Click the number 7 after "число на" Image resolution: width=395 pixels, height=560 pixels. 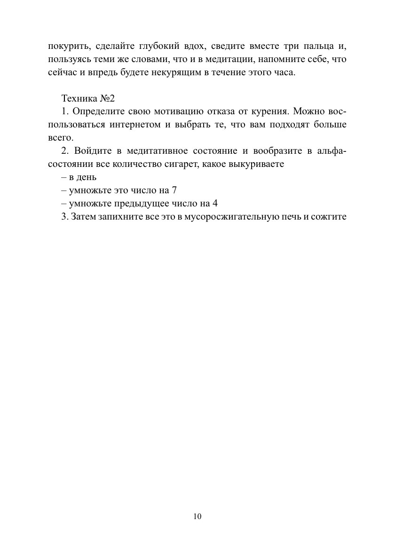174,190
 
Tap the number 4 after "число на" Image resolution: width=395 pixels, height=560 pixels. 215,204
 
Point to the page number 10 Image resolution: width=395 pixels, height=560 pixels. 197,516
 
